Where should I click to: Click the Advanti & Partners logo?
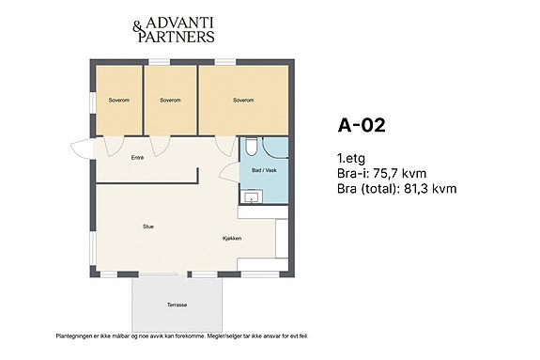(x=174, y=30)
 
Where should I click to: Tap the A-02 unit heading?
(x=362, y=125)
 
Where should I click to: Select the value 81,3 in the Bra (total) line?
(x=416, y=189)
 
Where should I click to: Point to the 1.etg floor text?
(x=351, y=158)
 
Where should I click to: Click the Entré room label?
(x=137, y=158)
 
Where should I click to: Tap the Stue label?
(x=148, y=227)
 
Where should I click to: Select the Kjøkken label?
(x=232, y=238)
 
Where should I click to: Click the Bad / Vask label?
(x=264, y=170)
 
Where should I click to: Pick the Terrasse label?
(x=177, y=305)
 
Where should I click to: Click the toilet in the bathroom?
(x=251, y=147)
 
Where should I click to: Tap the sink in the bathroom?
(x=251, y=196)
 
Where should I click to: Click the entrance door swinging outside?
(x=80, y=149)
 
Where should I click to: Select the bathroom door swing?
(x=229, y=172)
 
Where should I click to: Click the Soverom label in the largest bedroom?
(x=243, y=101)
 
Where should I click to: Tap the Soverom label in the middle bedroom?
(x=171, y=101)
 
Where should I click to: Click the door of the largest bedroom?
(x=224, y=145)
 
